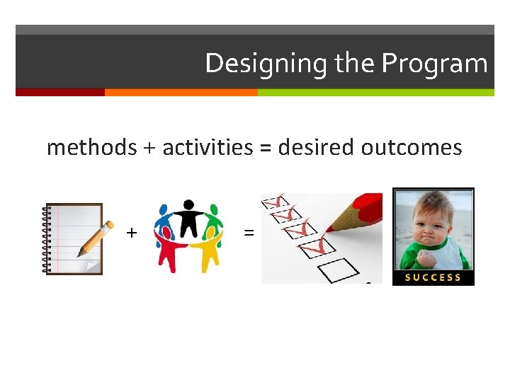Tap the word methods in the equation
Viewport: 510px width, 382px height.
point(91,147)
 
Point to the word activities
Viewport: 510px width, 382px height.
point(208,147)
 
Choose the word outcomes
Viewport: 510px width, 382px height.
point(412,147)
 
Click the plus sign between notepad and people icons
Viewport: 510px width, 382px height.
point(131,232)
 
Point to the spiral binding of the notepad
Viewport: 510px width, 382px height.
point(47,239)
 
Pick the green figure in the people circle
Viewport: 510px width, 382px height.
point(214,225)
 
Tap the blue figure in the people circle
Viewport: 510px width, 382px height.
point(164,225)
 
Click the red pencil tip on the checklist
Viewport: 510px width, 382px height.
point(331,228)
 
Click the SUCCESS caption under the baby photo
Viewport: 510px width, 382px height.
point(433,277)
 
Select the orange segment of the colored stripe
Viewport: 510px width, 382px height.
point(181,92)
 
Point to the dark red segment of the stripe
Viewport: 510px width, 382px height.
point(60,92)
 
